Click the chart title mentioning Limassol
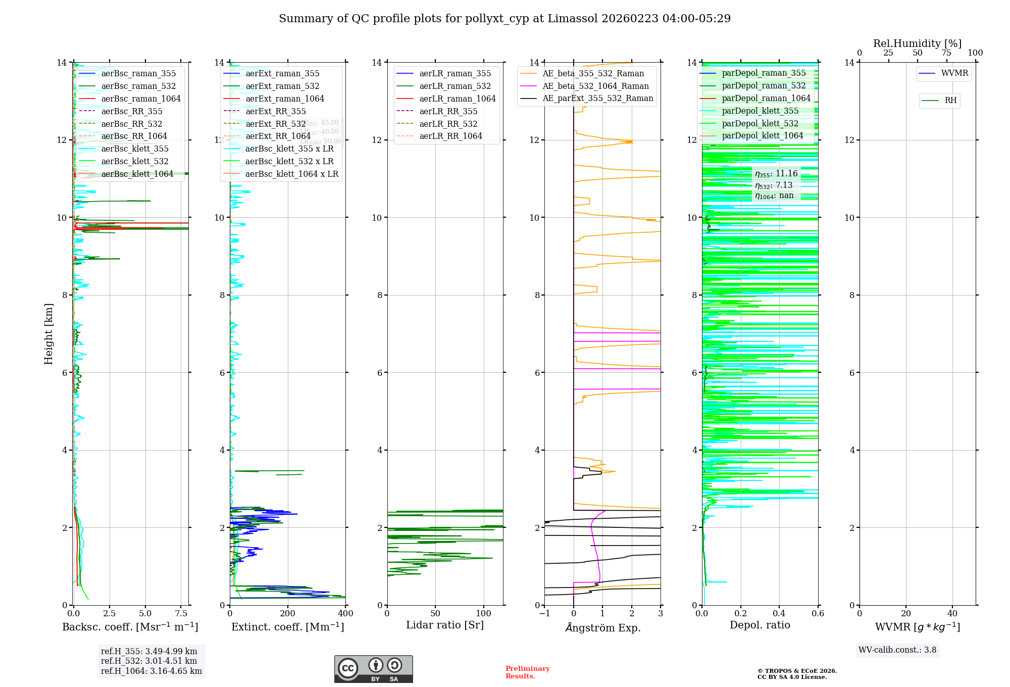coord(504,19)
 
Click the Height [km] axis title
coord(48,334)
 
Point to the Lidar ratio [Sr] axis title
coord(445,625)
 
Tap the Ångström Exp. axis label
coord(603,628)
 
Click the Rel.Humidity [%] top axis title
coord(917,44)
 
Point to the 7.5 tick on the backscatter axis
coord(181,614)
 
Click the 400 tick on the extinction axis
coord(345,614)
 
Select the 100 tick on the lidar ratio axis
coord(484,614)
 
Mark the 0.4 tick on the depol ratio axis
coord(779,614)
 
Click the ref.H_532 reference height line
coord(149,661)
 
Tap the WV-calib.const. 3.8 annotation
coord(897,650)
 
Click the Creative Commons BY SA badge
coord(373,669)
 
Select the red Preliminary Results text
coord(527,672)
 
